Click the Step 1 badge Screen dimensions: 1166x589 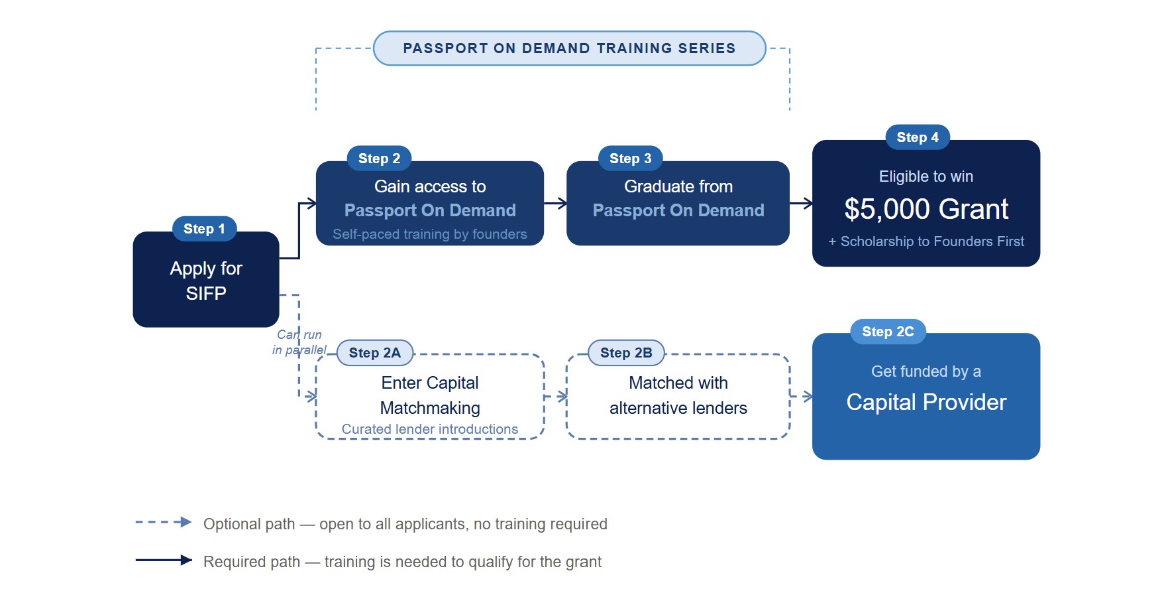tap(205, 229)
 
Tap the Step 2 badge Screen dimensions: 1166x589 tap(380, 159)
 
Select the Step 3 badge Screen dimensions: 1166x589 tap(631, 159)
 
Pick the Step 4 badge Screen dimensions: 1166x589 tap(918, 137)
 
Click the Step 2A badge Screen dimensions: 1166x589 tap(375, 353)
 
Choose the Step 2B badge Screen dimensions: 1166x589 tap(626, 353)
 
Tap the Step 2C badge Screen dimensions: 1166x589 tap(888, 332)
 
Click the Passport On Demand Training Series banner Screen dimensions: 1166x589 tap(570, 48)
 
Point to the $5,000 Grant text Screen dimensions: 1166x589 tap(926, 209)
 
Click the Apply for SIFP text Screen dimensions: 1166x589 tap(206, 281)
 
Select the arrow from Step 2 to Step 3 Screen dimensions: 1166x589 tap(555, 203)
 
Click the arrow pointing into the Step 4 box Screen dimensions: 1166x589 tap(801, 203)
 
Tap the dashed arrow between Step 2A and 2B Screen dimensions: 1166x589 tap(555, 397)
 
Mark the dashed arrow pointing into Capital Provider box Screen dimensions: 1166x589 tap(801, 397)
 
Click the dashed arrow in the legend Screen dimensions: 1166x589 tap(164, 522)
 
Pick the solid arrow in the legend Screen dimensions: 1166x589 tap(164, 560)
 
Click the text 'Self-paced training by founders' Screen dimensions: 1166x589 tap(430, 234)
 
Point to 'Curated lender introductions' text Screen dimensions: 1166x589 tap(430, 429)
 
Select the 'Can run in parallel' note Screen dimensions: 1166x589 tap(299, 342)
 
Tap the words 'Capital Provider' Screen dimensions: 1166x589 tap(926, 402)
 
